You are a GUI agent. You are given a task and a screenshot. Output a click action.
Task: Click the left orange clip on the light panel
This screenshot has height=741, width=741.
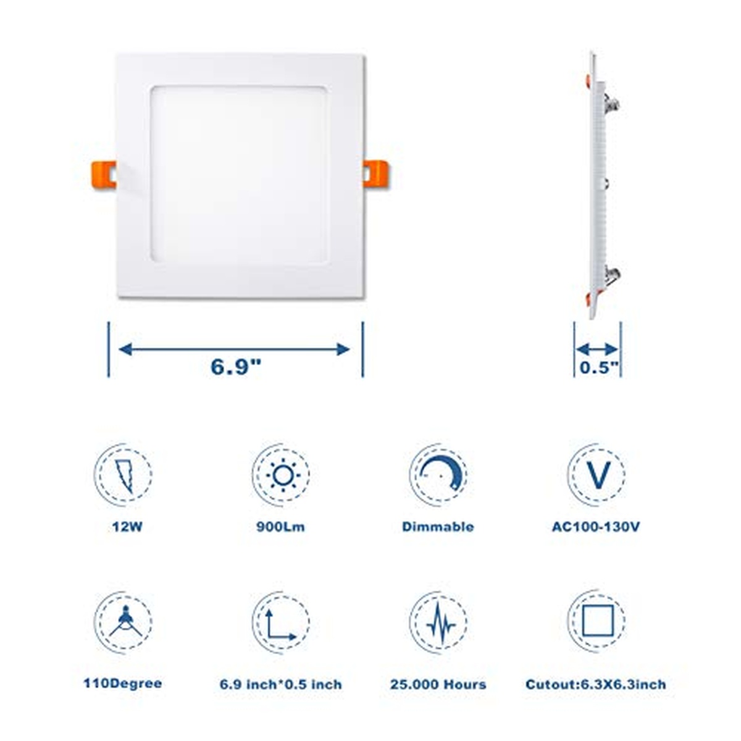click(104, 175)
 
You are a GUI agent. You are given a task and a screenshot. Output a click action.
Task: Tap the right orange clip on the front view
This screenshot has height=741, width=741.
click(375, 174)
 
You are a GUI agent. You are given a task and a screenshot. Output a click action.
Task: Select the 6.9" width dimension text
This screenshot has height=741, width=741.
click(236, 366)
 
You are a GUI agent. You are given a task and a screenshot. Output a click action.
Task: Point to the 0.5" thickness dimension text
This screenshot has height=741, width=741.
click(599, 367)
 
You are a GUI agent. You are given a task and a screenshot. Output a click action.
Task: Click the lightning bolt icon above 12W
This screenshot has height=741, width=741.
click(125, 476)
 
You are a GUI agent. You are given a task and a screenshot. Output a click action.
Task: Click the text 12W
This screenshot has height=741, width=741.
click(127, 527)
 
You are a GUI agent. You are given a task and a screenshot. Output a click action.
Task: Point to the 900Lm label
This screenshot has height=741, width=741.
click(281, 527)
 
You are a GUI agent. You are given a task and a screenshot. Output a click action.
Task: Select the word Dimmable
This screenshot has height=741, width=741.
click(438, 527)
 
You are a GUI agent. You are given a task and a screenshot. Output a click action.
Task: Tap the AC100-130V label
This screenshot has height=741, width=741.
click(596, 527)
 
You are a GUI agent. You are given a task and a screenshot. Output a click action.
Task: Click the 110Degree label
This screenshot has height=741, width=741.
click(123, 684)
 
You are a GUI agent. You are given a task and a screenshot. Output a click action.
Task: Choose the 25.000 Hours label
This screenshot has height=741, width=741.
click(438, 684)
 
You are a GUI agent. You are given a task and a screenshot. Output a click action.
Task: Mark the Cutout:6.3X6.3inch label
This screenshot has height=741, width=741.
click(596, 684)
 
